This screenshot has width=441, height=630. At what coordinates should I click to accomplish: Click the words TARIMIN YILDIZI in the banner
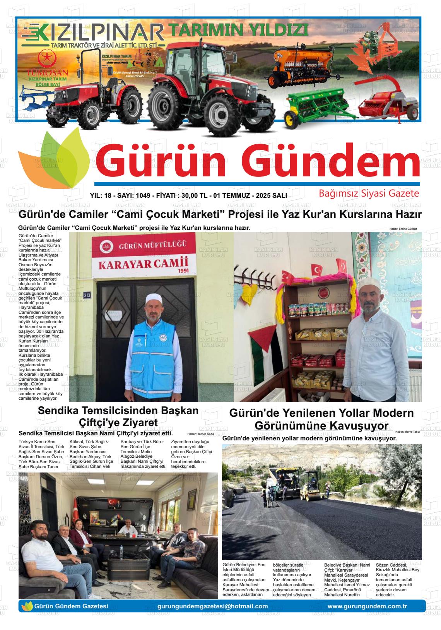[x=239, y=30]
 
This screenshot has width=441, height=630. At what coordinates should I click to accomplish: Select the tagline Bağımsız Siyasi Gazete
[x=369, y=193]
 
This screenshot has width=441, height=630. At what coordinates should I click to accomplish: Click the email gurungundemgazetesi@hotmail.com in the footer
[x=213, y=606]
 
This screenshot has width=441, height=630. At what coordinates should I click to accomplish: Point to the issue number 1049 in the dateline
[x=142, y=196]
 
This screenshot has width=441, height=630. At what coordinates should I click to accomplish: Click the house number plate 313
[x=87, y=295]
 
